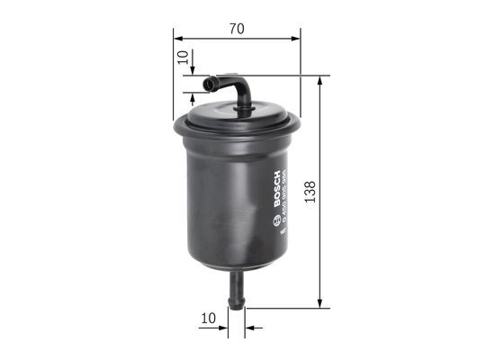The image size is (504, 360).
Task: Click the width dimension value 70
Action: coord(237,29)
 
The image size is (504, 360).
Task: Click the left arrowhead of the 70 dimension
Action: coord(178,39)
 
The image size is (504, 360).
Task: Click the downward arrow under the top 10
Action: coord(193,72)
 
